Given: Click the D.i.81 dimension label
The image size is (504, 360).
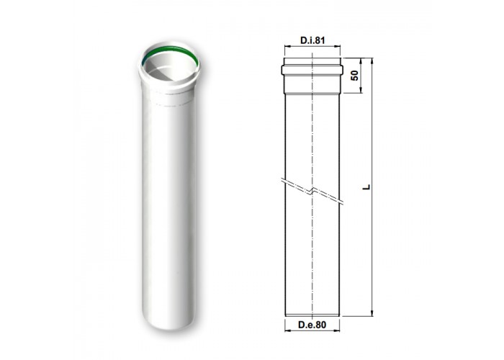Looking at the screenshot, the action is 312,40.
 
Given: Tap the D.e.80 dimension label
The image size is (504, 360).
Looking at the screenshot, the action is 312,325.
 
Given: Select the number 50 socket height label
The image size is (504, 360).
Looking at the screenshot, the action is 354,76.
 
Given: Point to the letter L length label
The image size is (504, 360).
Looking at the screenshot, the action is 366,186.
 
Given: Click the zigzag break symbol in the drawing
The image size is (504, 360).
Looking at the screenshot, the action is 312,192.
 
